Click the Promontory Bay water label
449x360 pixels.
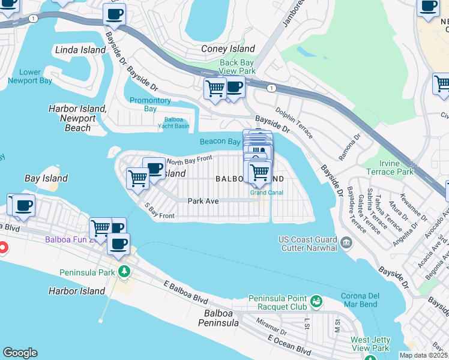coord(150,104)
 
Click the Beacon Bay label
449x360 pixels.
coord(220,142)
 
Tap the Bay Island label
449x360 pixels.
coord(46,178)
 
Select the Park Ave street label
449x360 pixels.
coord(202,201)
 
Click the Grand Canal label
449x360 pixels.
coord(267,193)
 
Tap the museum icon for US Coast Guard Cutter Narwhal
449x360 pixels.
coord(346,242)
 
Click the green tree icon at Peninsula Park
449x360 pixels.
coord(124,272)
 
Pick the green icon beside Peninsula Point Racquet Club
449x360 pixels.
coord(316,299)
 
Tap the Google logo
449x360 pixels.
coord(20,353)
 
